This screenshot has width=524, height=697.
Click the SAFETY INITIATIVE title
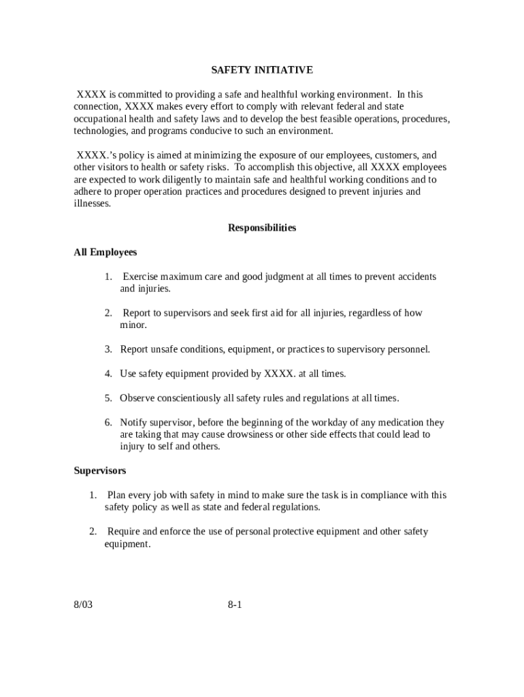pos(261,70)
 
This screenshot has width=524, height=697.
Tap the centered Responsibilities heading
pos(261,228)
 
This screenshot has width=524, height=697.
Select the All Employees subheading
pos(105,253)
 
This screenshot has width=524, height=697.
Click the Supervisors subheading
pos(99,471)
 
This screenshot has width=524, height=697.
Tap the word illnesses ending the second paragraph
pos(92,204)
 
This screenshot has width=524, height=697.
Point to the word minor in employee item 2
pos(133,325)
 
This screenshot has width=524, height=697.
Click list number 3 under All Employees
pos(108,350)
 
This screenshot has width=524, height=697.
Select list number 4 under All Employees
pos(108,374)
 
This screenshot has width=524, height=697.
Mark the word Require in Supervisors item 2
pos(124,532)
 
